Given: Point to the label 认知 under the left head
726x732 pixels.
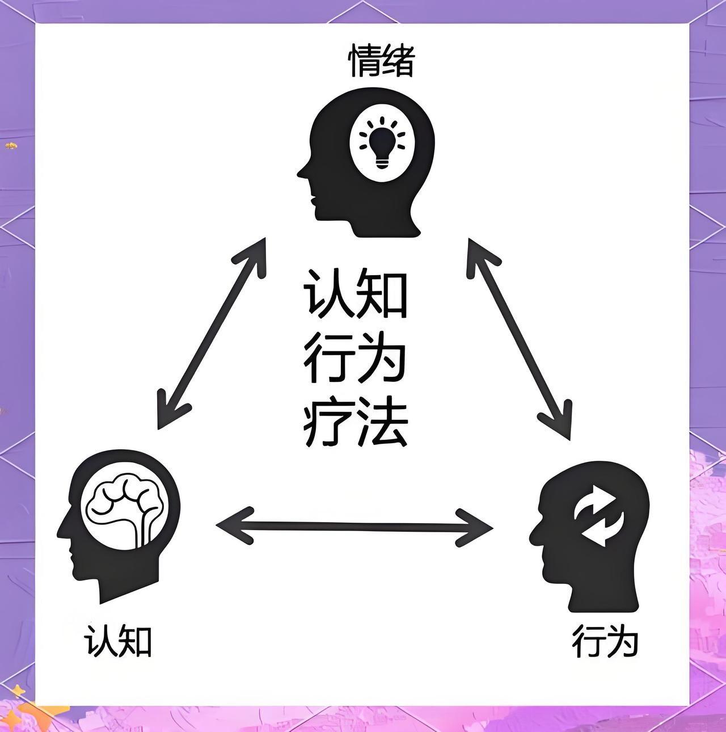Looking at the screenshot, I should tap(118, 642).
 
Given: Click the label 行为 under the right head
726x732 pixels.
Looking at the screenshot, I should tap(605, 641).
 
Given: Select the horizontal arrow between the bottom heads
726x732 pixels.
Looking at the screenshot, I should tap(354, 526).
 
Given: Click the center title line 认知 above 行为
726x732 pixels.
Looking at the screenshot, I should tap(356, 294).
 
